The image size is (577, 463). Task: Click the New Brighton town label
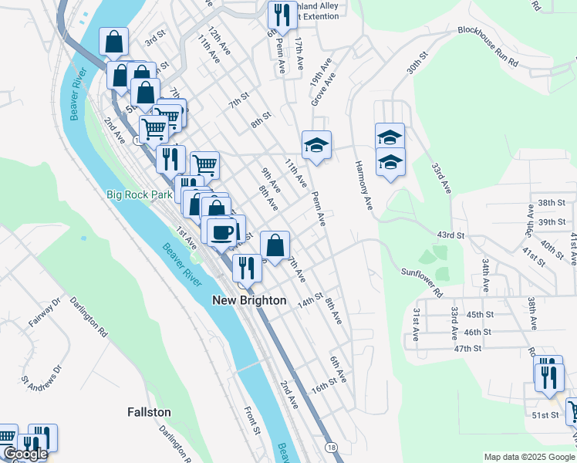tap(249, 300)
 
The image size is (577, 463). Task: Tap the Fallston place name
tap(149, 413)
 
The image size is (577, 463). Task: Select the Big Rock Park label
tap(140, 195)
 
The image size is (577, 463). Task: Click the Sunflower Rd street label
tap(421, 282)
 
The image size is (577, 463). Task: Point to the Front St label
tap(251, 421)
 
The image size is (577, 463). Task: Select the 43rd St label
tap(450, 235)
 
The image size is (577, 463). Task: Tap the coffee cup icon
tap(221, 231)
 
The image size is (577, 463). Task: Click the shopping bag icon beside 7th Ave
tap(275, 245)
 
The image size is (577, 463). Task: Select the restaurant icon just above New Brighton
tap(247, 269)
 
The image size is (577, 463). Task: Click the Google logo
tap(25, 455)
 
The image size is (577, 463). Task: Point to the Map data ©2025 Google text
tap(529, 458)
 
